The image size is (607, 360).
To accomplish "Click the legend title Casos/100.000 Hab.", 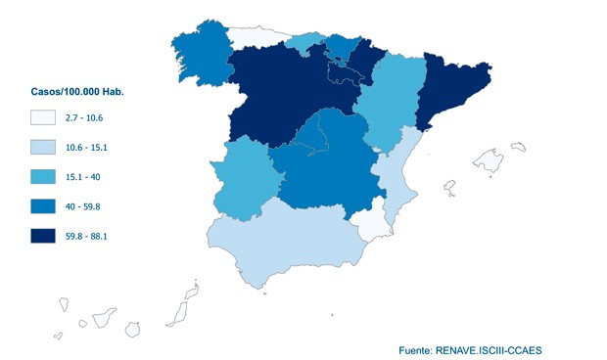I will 77,92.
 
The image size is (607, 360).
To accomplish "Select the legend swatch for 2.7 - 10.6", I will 42,117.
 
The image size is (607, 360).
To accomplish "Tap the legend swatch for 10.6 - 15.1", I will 42,148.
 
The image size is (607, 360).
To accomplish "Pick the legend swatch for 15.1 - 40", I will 42,177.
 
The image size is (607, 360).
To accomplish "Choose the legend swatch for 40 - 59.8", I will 42,206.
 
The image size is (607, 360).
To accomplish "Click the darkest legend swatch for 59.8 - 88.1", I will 42,237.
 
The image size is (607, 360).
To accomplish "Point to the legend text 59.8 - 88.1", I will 92,237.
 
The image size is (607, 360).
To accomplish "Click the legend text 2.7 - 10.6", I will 88,117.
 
